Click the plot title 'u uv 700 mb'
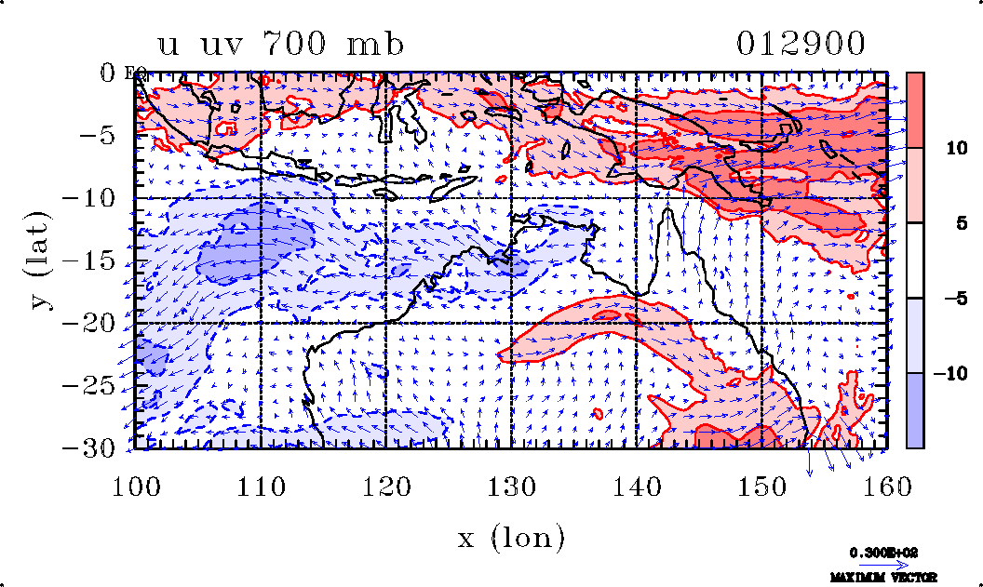280,45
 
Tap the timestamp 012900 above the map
801,44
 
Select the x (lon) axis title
511,536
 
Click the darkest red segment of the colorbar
915,110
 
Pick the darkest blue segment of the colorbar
915,410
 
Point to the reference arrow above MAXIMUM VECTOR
878,565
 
